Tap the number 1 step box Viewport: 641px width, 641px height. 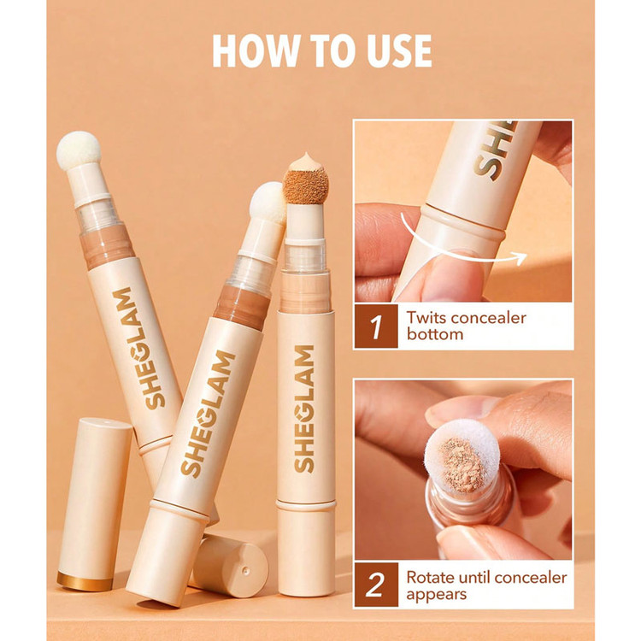tap(376, 326)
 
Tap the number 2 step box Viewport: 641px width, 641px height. tap(376, 585)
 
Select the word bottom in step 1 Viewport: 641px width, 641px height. tap(435, 334)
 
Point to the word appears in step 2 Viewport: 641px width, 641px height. tap(436, 595)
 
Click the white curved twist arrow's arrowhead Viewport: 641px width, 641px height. tap(520, 258)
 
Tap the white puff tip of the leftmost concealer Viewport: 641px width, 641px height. tap(79, 150)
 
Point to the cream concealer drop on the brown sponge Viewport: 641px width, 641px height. tap(304, 162)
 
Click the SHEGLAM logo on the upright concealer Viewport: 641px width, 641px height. tap(304, 409)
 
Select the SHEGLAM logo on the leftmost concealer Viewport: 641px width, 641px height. tap(138, 348)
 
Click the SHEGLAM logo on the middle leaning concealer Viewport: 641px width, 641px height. tap(208, 414)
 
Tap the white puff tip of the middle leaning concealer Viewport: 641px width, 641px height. tap(268, 203)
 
